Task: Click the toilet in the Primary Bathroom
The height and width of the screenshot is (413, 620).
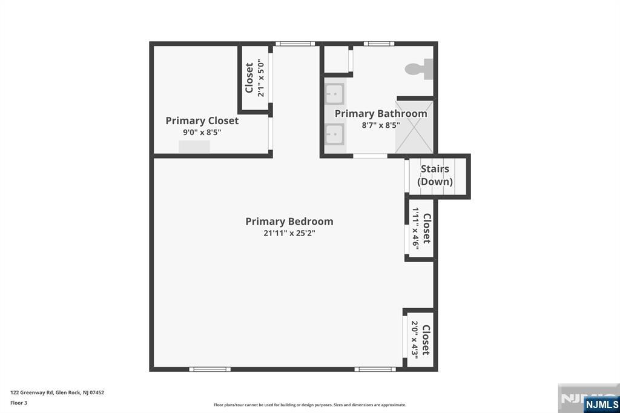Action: [419, 69]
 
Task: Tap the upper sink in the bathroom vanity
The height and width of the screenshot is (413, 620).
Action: [334, 94]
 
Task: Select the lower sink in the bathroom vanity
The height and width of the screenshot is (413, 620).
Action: [334, 134]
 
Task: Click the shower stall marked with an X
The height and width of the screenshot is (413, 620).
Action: [414, 127]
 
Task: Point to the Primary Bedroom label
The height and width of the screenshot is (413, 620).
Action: [289, 221]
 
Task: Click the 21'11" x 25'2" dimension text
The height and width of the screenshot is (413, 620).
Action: [289, 233]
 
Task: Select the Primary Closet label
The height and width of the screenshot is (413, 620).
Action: [202, 121]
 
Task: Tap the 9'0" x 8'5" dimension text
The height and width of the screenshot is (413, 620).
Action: [202, 132]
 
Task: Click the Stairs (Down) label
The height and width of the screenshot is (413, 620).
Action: [435, 175]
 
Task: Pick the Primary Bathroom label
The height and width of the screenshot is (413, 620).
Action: [381, 113]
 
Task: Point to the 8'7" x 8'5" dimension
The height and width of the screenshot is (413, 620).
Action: [381, 125]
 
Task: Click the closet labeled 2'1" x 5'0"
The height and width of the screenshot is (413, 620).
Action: [255, 78]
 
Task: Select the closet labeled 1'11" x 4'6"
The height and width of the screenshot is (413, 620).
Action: [421, 228]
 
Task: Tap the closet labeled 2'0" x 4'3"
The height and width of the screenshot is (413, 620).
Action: [420, 339]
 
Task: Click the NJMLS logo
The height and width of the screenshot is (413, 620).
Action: [602, 405]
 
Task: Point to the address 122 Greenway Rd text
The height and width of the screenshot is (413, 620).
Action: [58, 392]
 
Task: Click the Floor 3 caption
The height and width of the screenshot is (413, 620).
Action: [19, 403]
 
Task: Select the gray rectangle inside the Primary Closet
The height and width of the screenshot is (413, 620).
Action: [194, 147]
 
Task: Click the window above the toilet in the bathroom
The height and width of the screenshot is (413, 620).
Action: [379, 44]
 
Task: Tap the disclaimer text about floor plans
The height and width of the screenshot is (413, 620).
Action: [310, 405]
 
